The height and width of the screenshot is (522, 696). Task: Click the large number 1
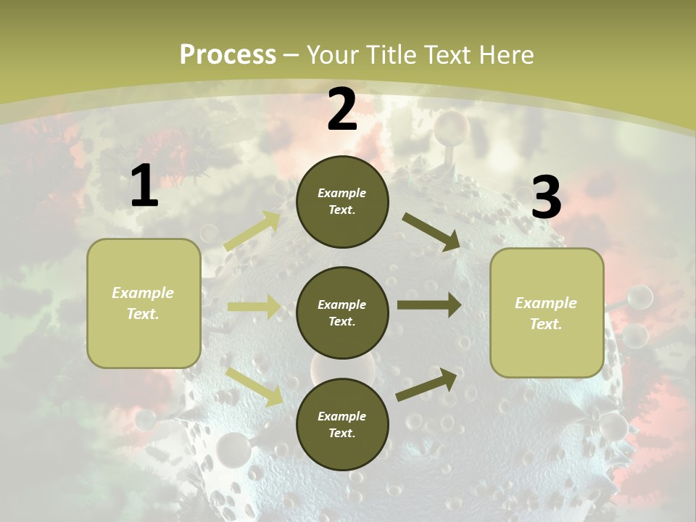click(x=144, y=186)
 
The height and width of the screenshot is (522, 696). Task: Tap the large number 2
click(x=342, y=109)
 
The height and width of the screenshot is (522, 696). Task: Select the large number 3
click(x=546, y=197)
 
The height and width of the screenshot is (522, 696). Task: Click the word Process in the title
click(x=228, y=54)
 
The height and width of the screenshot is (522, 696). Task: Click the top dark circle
click(x=342, y=202)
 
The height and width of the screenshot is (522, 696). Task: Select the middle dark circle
click(x=342, y=312)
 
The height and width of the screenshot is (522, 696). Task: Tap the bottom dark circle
click(x=342, y=424)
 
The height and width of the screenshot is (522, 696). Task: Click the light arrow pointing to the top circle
click(x=253, y=231)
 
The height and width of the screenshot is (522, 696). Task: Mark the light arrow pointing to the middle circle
click(x=254, y=307)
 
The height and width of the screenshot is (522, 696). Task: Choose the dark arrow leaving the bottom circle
click(x=427, y=385)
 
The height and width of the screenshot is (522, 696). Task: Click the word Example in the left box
click(x=143, y=293)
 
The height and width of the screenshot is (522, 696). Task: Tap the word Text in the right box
click(x=545, y=324)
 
